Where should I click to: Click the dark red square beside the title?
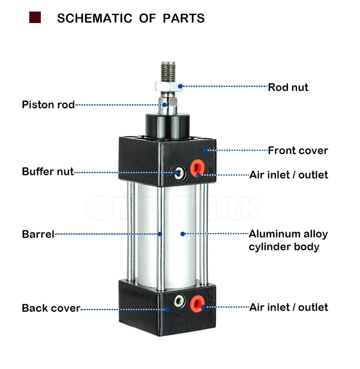tap(35, 18)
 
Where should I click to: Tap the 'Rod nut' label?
tap(288, 87)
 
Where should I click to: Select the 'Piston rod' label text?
tap(48, 105)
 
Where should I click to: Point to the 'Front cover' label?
tap(298, 150)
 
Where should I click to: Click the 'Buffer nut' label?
tap(48, 172)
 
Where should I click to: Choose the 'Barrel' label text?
tap(38, 234)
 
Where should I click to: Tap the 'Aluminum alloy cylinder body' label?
tap(288, 240)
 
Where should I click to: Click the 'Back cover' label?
tap(51, 308)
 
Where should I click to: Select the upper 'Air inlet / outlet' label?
tap(288, 174)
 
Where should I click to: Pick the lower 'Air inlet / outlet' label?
tap(288, 307)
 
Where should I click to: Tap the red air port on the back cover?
tap(195, 302)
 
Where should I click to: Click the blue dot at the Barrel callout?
tap(160, 234)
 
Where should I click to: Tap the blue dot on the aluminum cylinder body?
tap(182, 234)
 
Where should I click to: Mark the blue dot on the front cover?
tap(205, 150)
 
